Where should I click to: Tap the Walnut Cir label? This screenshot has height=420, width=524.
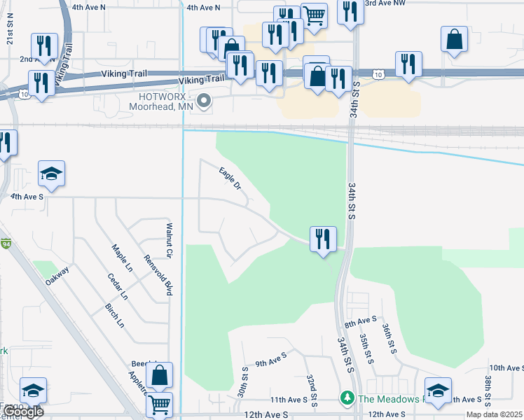[169, 239]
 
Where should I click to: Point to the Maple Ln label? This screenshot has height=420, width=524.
[123, 258]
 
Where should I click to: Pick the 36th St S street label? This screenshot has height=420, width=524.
[386, 337]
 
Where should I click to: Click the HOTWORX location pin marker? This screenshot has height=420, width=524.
[204, 102]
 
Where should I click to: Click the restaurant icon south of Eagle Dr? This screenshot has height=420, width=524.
[323, 239]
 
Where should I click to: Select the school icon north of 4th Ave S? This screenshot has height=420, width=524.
[51, 173]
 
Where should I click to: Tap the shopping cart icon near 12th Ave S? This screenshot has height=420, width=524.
[160, 404]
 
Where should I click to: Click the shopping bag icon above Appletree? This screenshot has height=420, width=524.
[160, 375]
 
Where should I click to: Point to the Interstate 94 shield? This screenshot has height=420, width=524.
[6, 244]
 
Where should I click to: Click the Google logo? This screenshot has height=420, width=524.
[22, 412]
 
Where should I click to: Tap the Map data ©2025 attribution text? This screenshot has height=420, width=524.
[494, 415]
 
